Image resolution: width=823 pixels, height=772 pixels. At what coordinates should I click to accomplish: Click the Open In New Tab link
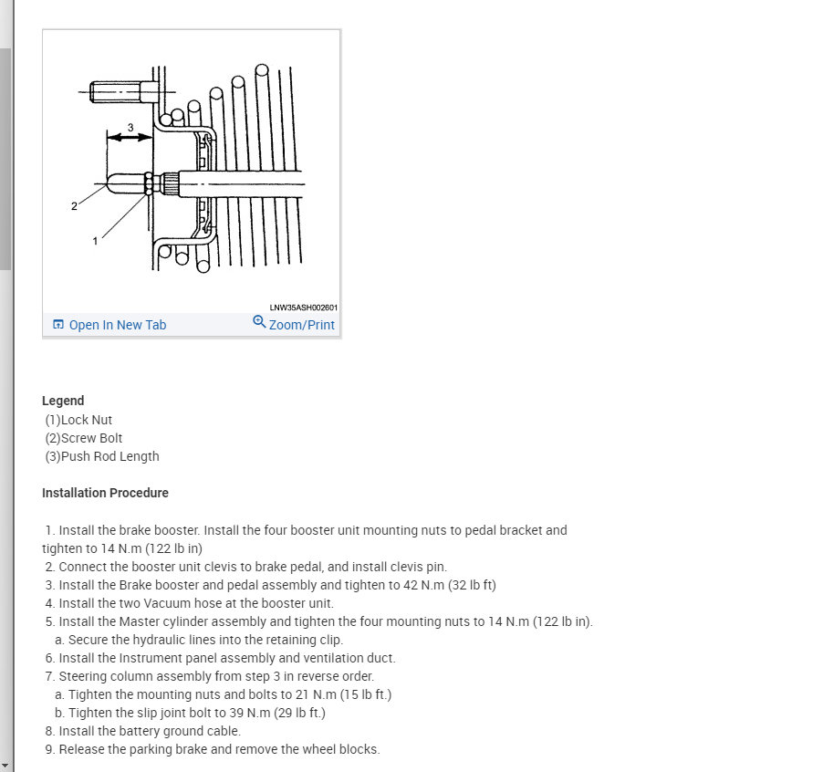click(x=117, y=325)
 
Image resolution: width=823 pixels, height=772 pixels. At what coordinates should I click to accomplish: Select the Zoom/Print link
click(x=301, y=325)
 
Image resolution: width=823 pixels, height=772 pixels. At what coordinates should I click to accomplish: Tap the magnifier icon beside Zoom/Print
click(x=259, y=322)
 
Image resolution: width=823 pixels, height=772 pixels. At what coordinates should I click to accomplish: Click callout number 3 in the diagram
click(x=130, y=127)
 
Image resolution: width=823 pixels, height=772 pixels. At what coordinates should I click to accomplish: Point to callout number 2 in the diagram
click(x=74, y=206)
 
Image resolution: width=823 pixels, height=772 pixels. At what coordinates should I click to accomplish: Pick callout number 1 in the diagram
click(x=95, y=240)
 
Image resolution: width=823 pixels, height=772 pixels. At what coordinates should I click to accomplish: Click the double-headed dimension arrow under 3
click(x=130, y=138)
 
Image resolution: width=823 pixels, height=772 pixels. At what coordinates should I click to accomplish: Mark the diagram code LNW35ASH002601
click(x=303, y=308)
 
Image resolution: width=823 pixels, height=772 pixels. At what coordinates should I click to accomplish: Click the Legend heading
click(x=63, y=401)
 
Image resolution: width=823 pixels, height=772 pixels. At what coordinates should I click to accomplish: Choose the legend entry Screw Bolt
click(x=91, y=438)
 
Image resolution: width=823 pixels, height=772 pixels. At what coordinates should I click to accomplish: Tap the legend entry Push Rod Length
click(x=109, y=456)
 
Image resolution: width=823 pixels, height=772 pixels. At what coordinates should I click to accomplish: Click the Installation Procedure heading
click(x=105, y=493)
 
